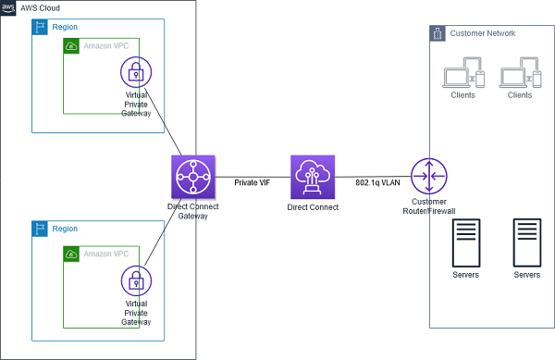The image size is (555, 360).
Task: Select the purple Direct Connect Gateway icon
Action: coord(193,177)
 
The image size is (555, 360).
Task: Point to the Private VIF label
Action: coord(252,168)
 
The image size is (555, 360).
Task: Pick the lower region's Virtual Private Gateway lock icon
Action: coord(137,279)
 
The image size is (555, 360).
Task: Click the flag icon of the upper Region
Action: coord(40,27)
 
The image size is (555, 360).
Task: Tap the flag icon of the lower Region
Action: coord(40,229)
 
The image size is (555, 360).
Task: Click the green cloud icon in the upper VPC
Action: coord(71,45)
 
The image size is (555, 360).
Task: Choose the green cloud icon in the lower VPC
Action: coord(71,253)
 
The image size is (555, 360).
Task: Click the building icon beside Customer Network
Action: coord(438,33)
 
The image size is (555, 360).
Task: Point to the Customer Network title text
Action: coord(483,34)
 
